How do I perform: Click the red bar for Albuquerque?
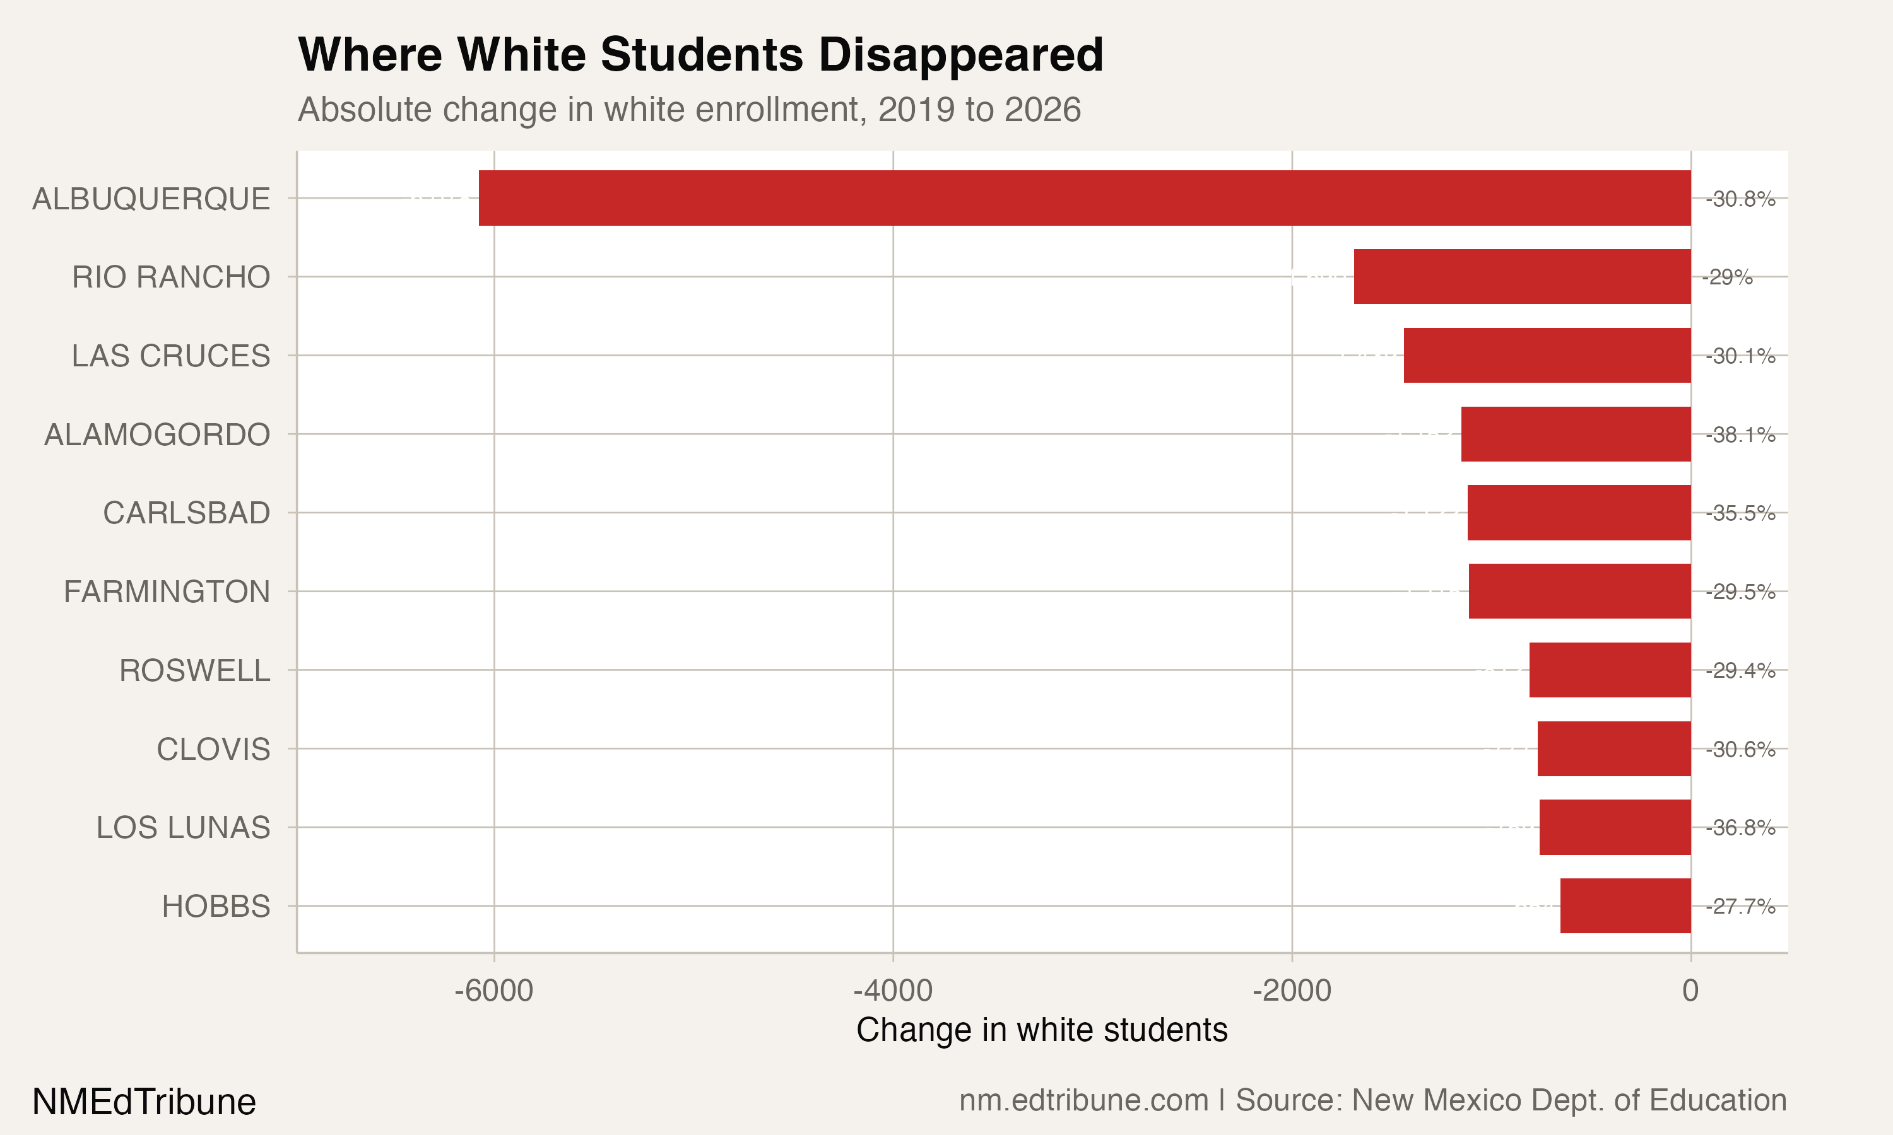click(1084, 198)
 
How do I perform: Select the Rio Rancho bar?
click(1522, 277)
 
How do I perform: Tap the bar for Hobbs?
click(1625, 905)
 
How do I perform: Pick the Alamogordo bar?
click(1576, 434)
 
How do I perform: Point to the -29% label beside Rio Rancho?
click(1727, 277)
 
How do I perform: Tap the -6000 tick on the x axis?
click(493, 991)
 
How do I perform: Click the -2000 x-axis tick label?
click(1292, 991)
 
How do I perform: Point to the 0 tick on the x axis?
click(1690, 991)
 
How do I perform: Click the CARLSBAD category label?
click(187, 513)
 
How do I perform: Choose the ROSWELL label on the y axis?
click(194, 671)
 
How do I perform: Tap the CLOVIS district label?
click(213, 750)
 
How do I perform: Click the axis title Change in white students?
click(1041, 1030)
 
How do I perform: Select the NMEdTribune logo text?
click(144, 1102)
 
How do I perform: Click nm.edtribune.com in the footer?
click(1083, 1100)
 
